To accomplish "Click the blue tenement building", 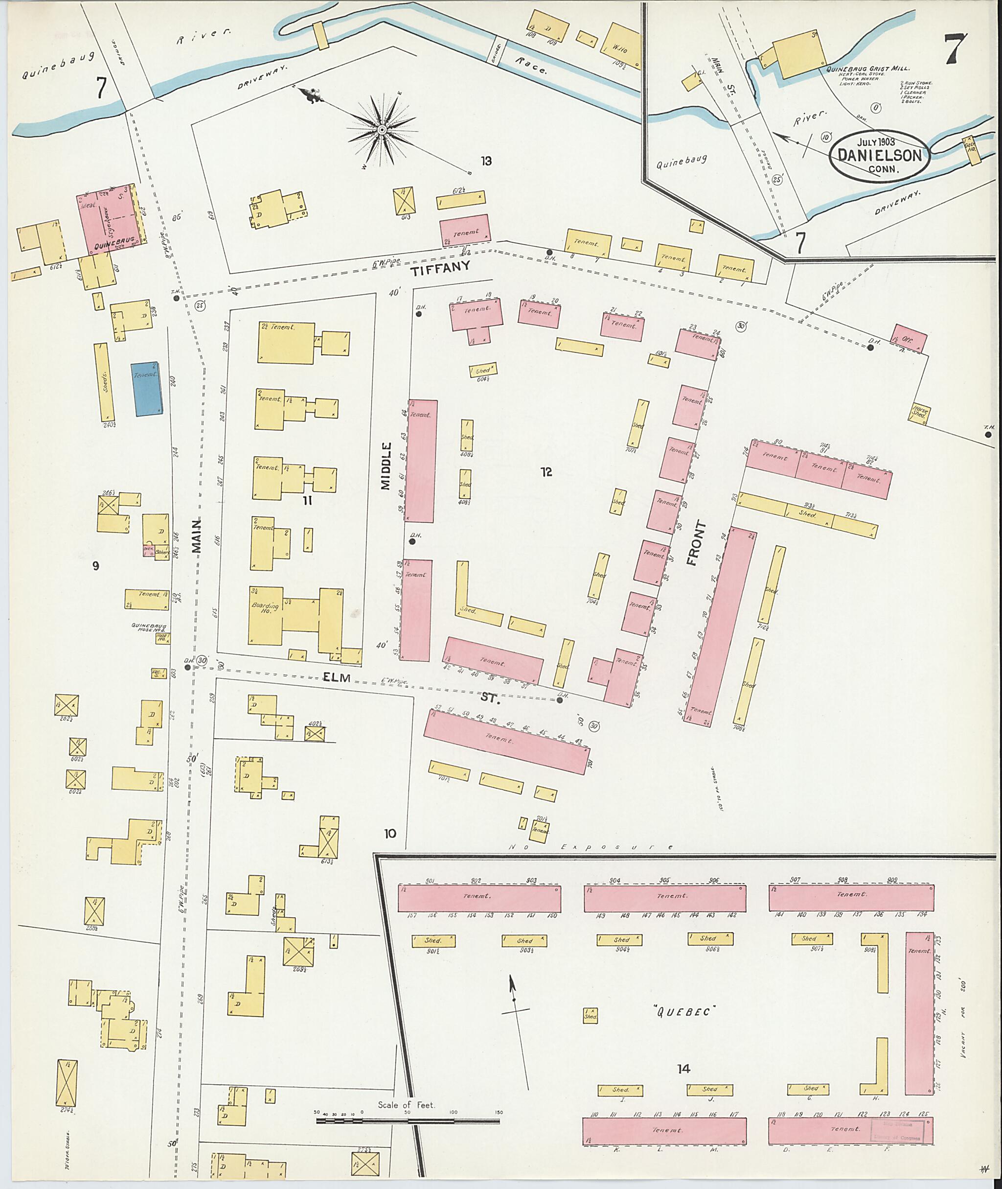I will coord(147,389).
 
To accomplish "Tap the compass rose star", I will coord(382,131).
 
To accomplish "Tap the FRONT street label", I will coord(695,543).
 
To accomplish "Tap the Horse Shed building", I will coord(919,412).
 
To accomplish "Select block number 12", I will coord(547,472).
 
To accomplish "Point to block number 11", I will coord(307,501).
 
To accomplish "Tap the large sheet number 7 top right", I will coord(956,49).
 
